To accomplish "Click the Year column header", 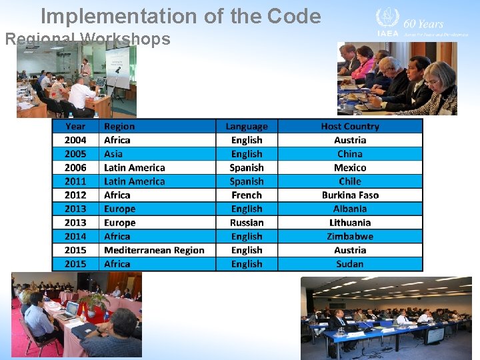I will pyautogui.click(x=75, y=126).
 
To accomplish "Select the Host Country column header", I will pyautogui.click(x=350, y=126).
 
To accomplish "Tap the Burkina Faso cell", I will pyautogui.click(x=350, y=195).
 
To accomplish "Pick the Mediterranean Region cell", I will pyautogui.click(x=154, y=250).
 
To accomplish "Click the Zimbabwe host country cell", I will pyautogui.click(x=350, y=236).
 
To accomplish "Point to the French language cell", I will pyautogui.click(x=247, y=195).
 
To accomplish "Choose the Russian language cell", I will pyautogui.click(x=247, y=223).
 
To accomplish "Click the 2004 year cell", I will pyautogui.click(x=75, y=140).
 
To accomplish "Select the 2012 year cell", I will pyautogui.click(x=75, y=195).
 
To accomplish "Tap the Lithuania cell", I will pyautogui.click(x=350, y=223).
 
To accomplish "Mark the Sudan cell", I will pyautogui.click(x=350, y=264).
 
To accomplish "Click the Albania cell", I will pyautogui.click(x=350, y=209).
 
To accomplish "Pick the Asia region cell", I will pyautogui.click(x=113, y=154).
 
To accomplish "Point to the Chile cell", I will pyautogui.click(x=350, y=181).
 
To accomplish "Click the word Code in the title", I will pyautogui.click(x=293, y=17).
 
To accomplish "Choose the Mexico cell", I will pyautogui.click(x=350, y=168).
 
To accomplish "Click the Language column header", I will pyautogui.click(x=247, y=126).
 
